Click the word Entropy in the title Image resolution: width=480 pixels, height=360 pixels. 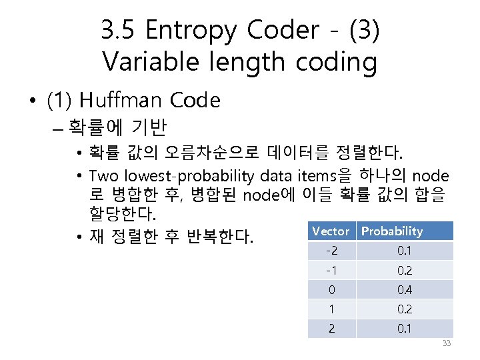point(190,31)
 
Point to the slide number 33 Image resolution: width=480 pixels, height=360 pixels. point(447,343)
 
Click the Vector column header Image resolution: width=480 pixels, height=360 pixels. point(331,231)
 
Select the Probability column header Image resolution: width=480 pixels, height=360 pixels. point(392,231)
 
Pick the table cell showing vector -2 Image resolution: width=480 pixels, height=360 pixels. point(331,251)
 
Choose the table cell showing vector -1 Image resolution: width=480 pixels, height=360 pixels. point(331,270)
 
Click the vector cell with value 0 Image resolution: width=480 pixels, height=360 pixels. point(331,290)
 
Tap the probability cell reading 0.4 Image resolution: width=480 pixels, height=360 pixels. point(404,290)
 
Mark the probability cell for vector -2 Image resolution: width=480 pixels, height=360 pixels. point(404,251)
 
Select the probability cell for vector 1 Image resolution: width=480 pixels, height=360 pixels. point(404,309)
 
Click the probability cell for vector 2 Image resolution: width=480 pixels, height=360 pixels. point(404,329)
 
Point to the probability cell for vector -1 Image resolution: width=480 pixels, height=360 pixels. point(404,270)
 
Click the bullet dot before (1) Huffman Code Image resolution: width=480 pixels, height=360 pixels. point(33,101)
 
